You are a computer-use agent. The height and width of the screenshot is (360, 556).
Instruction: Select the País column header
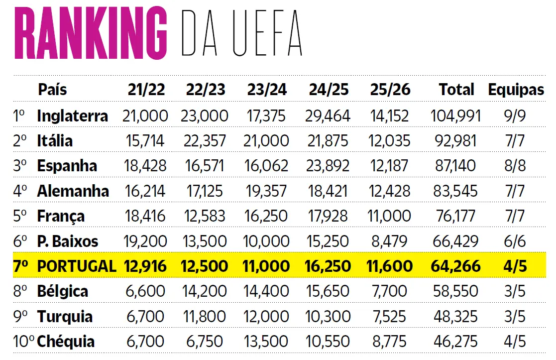pyautogui.click(x=52, y=90)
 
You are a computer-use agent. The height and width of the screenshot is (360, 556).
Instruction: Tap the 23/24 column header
pyautogui.click(x=267, y=90)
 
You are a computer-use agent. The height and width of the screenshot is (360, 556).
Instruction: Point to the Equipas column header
pyautogui.click(x=516, y=90)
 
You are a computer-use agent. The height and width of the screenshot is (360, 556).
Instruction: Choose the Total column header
pyautogui.click(x=456, y=90)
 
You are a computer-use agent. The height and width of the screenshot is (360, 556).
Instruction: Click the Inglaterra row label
pyautogui.click(x=72, y=116)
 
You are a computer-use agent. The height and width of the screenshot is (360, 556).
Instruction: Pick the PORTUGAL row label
pyautogui.click(x=76, y=266)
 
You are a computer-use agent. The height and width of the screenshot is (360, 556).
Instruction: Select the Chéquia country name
pyautogui.click(x=66, y=342)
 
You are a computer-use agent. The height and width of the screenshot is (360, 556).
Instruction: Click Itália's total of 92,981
pyautogui.click(x=456, y=141)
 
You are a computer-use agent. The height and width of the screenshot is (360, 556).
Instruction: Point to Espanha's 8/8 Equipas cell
pyautogui.click(x=515, y=166)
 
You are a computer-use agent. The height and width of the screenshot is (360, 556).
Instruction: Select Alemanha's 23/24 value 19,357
pyautogui.click(x=267, y=191)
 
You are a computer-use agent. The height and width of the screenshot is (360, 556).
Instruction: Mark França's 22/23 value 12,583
pyautogui.click(x=206, y=216)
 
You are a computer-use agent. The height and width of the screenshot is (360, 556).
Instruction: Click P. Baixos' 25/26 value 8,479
pyautogui.click(x=390, y=241)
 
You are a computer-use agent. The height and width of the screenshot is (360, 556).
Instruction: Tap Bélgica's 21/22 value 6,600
pyautogui.click(x=145, y=291)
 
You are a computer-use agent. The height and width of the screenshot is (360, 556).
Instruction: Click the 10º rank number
pyautogui.click(x=23, y=342)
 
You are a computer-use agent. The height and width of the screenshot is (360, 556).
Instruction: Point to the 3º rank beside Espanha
pyautogui.click(x=20, y=166)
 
